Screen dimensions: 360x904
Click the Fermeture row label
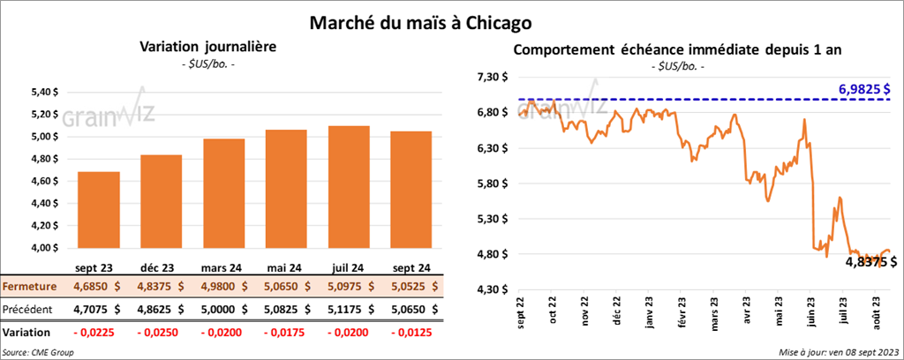(x=29, y=287)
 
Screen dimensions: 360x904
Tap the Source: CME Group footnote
(x=38, y=352)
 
